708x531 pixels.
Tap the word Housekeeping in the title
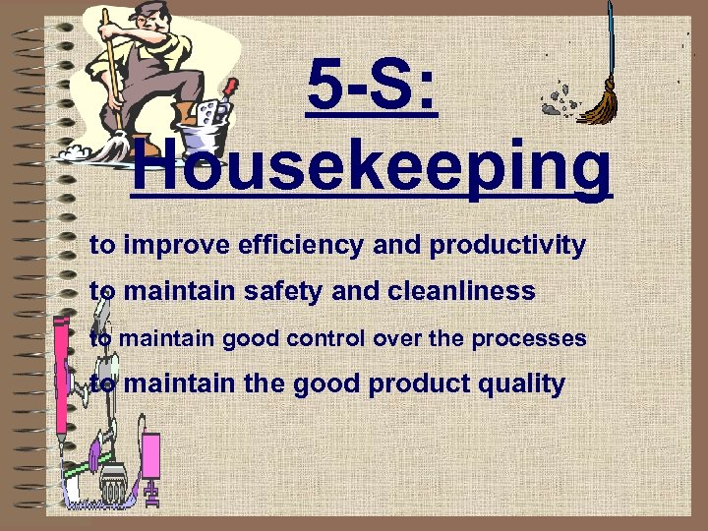371,168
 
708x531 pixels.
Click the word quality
519,383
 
